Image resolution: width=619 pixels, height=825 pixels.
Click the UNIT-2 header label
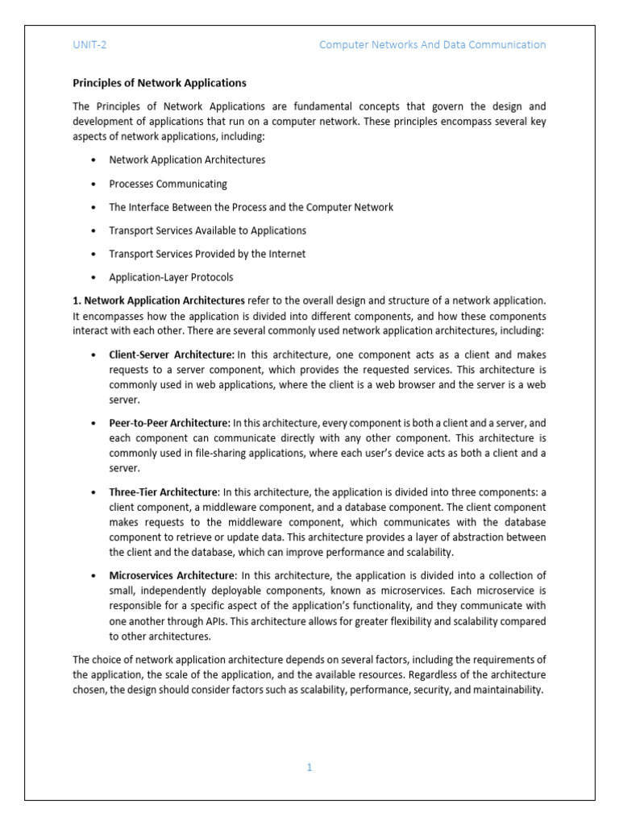coord(89,45)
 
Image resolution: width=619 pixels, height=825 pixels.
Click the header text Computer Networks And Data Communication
coord(432,45)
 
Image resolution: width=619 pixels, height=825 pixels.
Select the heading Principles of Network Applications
coord(160,83)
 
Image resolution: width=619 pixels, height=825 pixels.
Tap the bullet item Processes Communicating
coord(168,184)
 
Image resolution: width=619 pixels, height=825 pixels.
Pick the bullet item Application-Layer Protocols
coord(171,277)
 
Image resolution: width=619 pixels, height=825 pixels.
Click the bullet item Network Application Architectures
coord(187,160)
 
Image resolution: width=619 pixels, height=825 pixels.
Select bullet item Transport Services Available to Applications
coord(207,230)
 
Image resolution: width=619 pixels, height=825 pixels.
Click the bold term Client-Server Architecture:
coord(172,354)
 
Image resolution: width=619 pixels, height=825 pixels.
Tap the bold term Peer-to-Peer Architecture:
coord(169,423)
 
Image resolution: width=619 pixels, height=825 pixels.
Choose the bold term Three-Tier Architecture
coord(163,491)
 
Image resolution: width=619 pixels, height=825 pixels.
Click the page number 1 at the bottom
coord(309,768)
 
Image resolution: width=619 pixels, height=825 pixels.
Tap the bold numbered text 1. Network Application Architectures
coord(159,301)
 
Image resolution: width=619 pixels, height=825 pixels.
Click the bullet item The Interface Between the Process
coord(251,207)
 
